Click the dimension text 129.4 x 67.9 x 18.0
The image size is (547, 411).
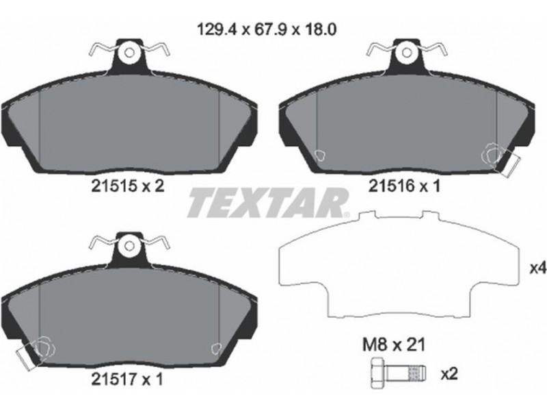pyautogui.click(x=267, y=29)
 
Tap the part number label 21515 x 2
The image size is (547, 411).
pyautogui.click(x=127, y=186)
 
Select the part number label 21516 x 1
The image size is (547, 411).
pyautogui.click(x=405, y=186)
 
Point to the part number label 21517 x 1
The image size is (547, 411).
pyautogui.click(x=127, y=379)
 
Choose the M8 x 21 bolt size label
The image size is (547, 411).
pyautogui.click(x=395, y=345)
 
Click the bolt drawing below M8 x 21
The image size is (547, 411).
pyautogui.click(x=398, y=373)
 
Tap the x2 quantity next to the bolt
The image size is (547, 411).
pyautogui.click(x=449, y=374)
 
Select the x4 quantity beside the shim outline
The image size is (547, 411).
pyautogui.click(x=537, y=269)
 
